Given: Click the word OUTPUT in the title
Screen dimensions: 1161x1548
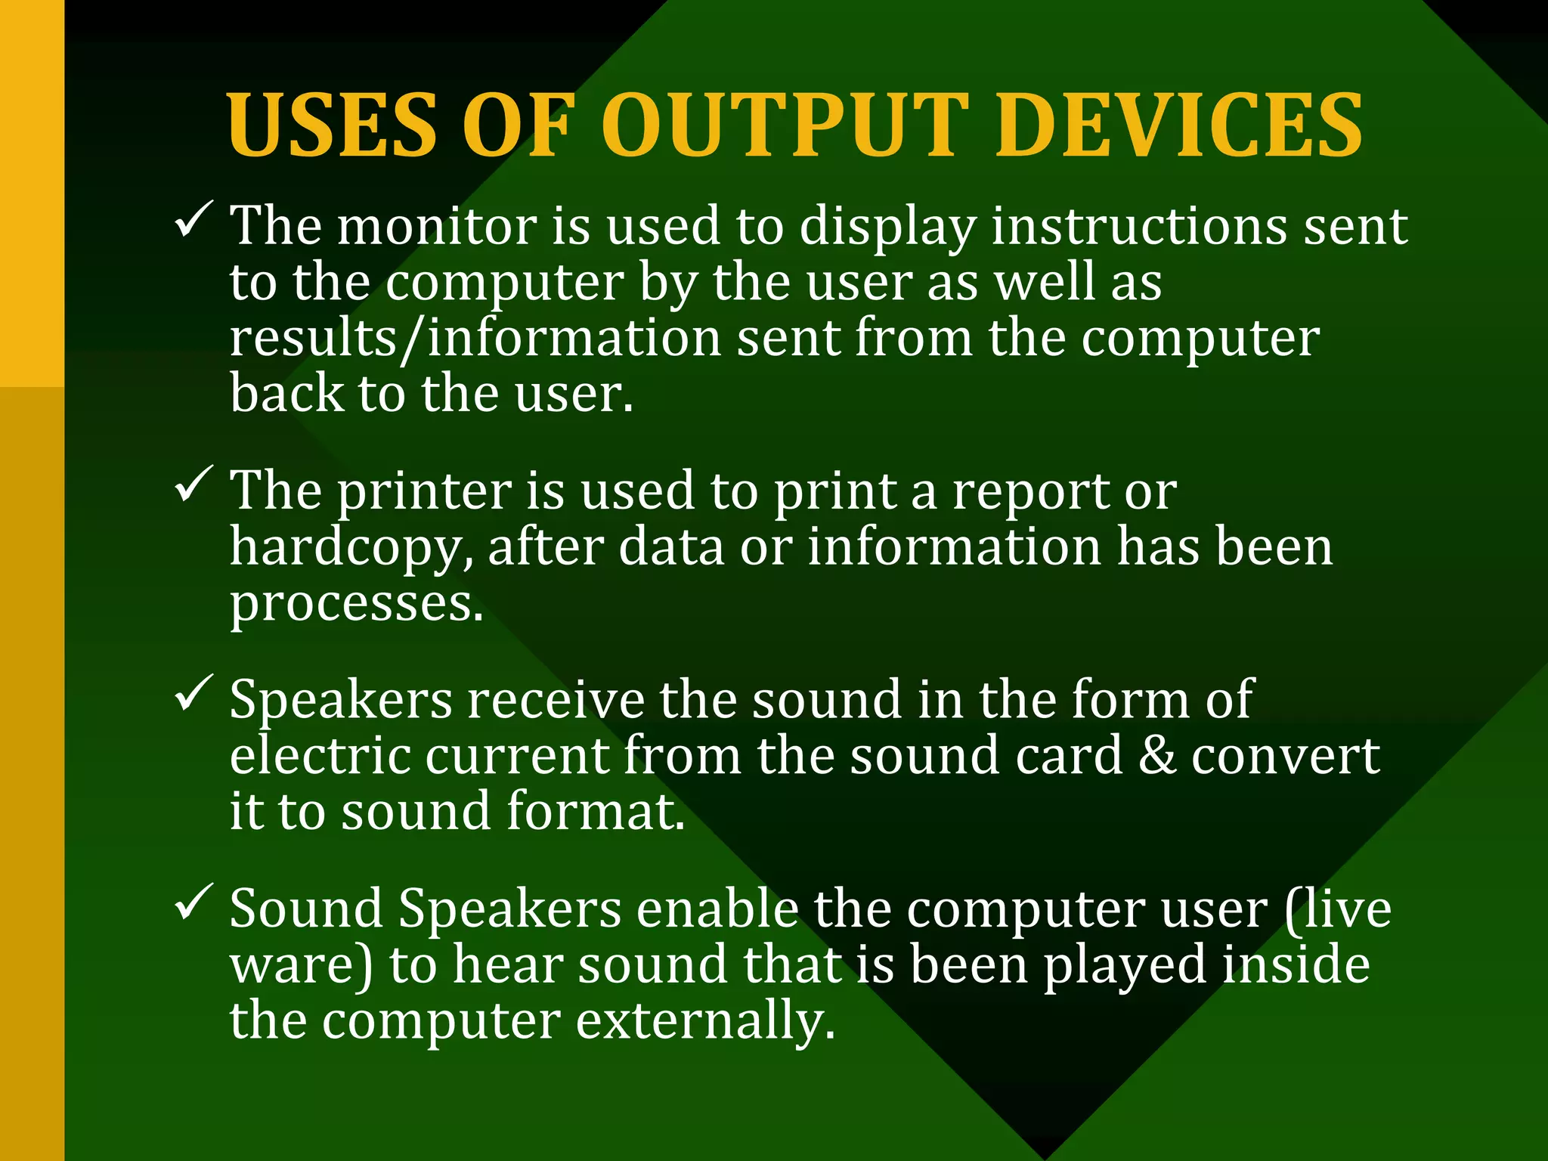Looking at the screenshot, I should point(785,125).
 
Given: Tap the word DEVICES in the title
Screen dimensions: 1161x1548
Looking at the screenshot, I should point(1179,125).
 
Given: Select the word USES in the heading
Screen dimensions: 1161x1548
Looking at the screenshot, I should point(332,125).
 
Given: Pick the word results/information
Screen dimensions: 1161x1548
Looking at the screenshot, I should point(475,338).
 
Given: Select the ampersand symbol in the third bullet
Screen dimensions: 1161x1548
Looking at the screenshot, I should point(1157,756).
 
